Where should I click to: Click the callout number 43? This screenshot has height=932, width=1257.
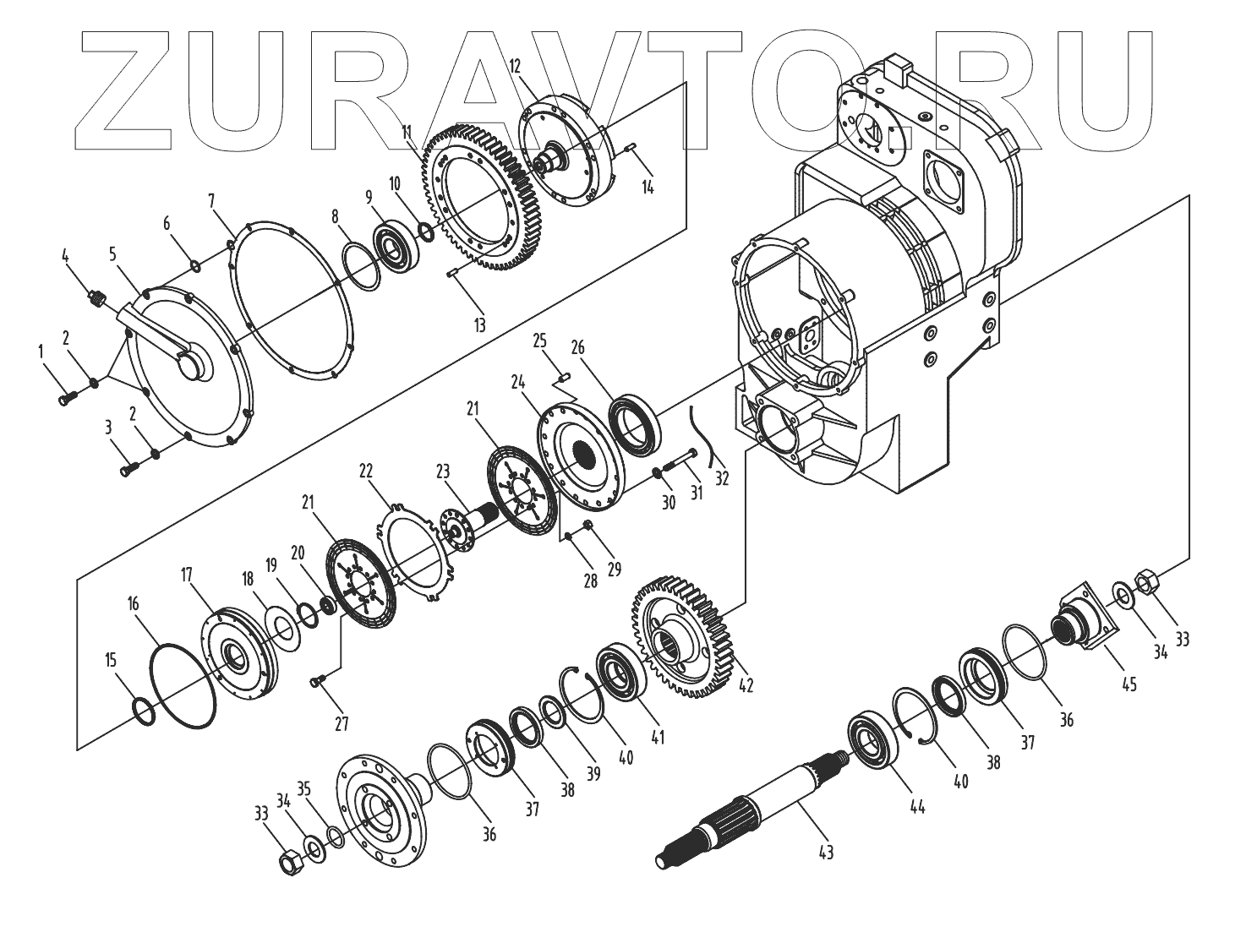[x=826, y=853]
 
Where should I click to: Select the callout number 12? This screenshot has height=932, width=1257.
[x=514, y=66]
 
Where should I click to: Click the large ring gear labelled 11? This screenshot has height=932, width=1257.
[x=482, y=199]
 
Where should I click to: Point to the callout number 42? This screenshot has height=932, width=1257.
[x=746, y=685]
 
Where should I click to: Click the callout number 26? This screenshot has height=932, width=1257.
[x=577, y=347]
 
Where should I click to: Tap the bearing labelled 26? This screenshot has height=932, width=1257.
[x=635, y=425]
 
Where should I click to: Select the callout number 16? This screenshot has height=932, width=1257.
[x=134, y=603]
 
